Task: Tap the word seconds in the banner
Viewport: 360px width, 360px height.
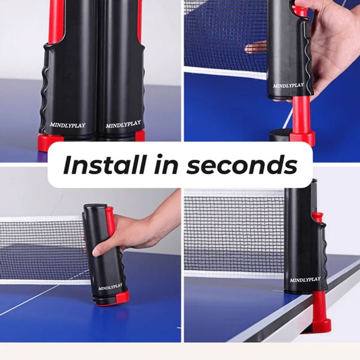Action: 242,165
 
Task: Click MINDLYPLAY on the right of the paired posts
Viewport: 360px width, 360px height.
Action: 123,123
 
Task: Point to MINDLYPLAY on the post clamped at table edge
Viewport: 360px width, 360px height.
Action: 305,279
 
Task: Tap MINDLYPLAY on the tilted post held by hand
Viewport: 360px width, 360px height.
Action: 110,286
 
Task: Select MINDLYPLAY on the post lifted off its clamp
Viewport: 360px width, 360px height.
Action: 288,85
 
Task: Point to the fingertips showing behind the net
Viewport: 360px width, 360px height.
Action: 256,48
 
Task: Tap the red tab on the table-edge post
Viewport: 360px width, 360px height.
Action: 319,217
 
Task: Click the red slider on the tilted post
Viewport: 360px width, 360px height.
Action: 109,220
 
